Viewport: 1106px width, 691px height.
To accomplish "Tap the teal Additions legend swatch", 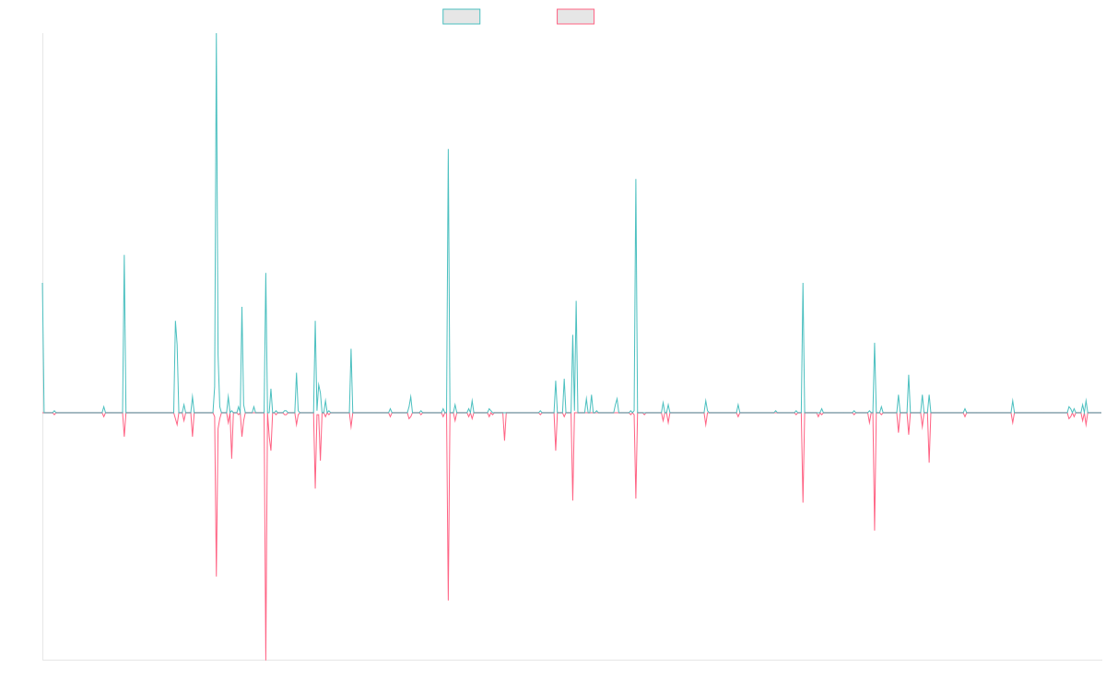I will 462,17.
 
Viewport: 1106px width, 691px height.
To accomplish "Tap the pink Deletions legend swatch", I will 577,17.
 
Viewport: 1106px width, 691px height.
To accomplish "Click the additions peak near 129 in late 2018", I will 448,150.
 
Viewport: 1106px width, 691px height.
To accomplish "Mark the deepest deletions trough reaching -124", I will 265,659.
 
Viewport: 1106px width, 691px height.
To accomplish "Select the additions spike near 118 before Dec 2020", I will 636,180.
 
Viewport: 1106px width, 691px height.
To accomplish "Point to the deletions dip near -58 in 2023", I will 874,529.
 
